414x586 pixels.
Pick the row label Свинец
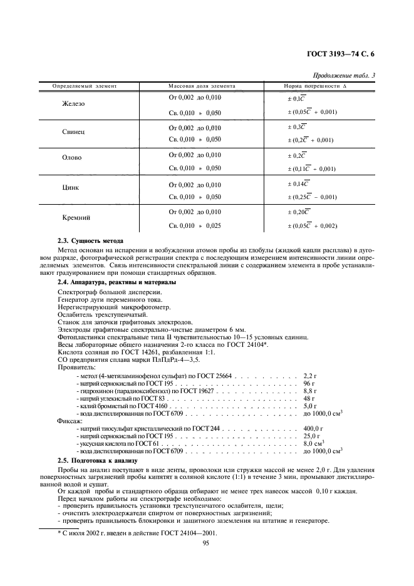tap(73, 133)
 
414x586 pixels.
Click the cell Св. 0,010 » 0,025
tap(195, 225)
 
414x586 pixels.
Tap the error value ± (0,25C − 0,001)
tap(311, 197)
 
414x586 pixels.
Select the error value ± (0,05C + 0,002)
tap(311, 225)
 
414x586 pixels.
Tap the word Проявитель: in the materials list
tap(76, 368)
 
